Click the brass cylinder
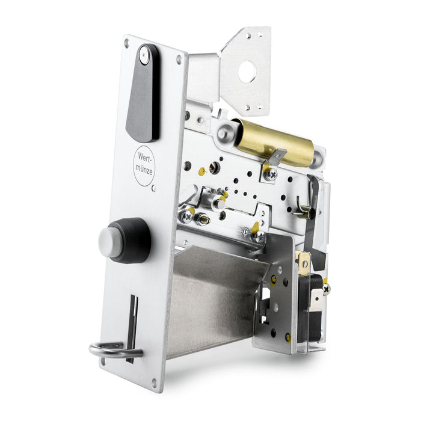point(274,143)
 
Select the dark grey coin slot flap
point(142,99)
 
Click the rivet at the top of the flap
point(144,55)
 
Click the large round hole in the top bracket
point(247,72)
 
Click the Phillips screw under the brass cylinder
point(271,175)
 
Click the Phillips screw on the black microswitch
point(326,289)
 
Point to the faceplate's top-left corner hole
point(126,43)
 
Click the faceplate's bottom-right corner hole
point(155,381)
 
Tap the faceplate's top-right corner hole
point(179,59)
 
